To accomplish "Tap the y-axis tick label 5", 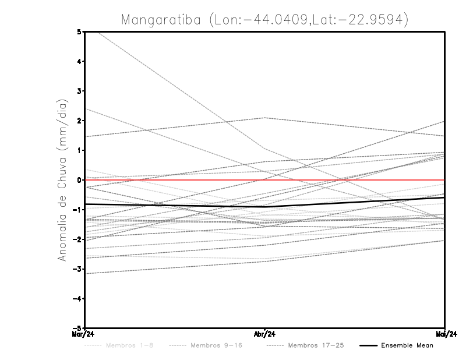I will [x=79, y=31].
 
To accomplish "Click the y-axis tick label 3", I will [x=79, y=91].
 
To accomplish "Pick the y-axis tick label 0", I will [x=79, y=180].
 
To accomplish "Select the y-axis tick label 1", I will [x=79, y=150].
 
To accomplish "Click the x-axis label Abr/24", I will [x=265, y=334].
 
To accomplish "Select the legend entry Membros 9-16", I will [x=216, y=345].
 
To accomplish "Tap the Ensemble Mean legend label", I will [x=407, y=345].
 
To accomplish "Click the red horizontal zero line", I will [x=349, y=180].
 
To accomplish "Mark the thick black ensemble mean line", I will [x=349, y=202].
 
